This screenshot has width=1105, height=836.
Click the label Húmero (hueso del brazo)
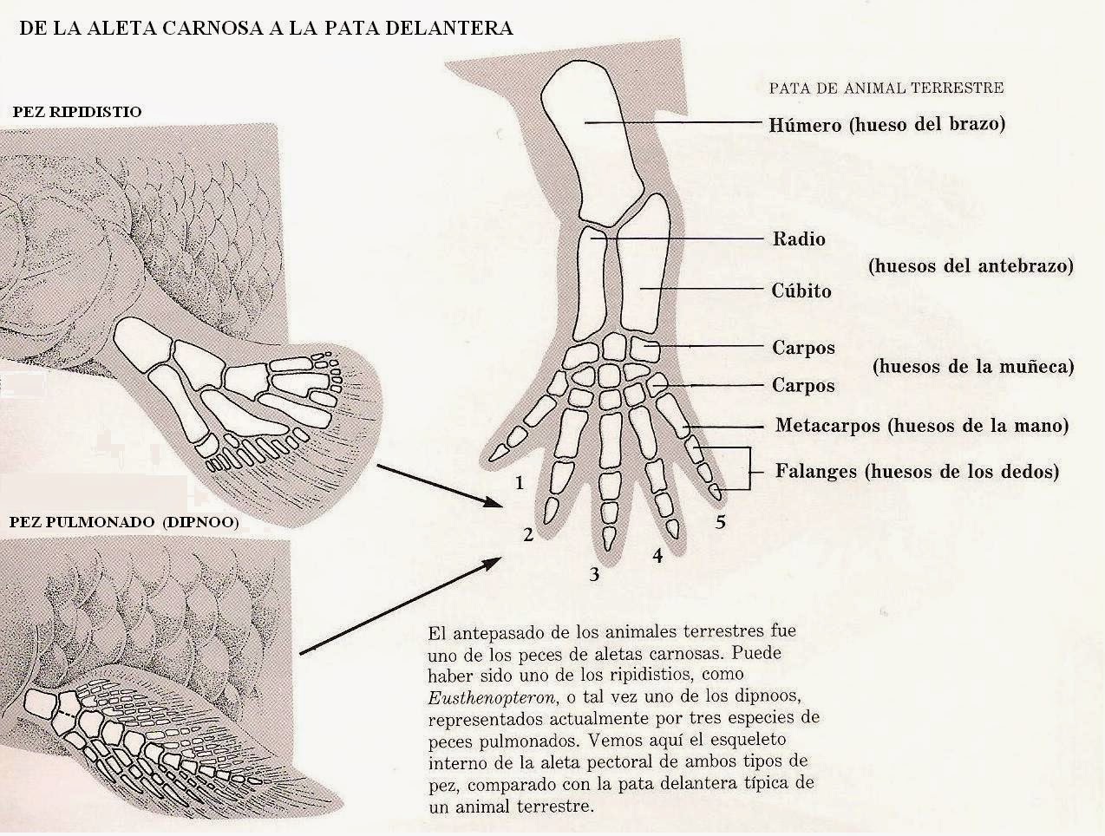[886, 124]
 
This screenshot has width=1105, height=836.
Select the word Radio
[799, 238]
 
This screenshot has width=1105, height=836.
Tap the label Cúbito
[801, 291]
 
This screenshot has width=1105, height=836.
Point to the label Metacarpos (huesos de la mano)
[921, 426]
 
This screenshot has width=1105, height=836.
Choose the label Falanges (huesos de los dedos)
[916, 472]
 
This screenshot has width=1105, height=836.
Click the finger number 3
[594, 573]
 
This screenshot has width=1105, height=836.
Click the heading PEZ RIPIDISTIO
[77, 112]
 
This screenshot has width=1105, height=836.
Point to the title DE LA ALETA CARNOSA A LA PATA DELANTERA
[265, 28]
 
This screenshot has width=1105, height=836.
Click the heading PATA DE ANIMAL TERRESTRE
[886, 88]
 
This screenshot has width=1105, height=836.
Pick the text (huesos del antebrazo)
[971, 266]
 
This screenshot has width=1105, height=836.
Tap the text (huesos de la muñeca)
[973, 366]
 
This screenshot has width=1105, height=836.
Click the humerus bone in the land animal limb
[592, 147]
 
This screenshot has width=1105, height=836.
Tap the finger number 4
[657, 556]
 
